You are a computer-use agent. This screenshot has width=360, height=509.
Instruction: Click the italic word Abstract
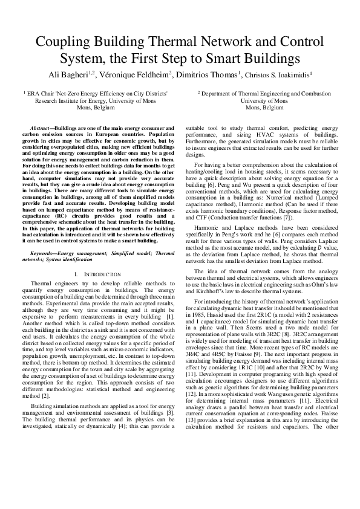(x=41, y=129)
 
